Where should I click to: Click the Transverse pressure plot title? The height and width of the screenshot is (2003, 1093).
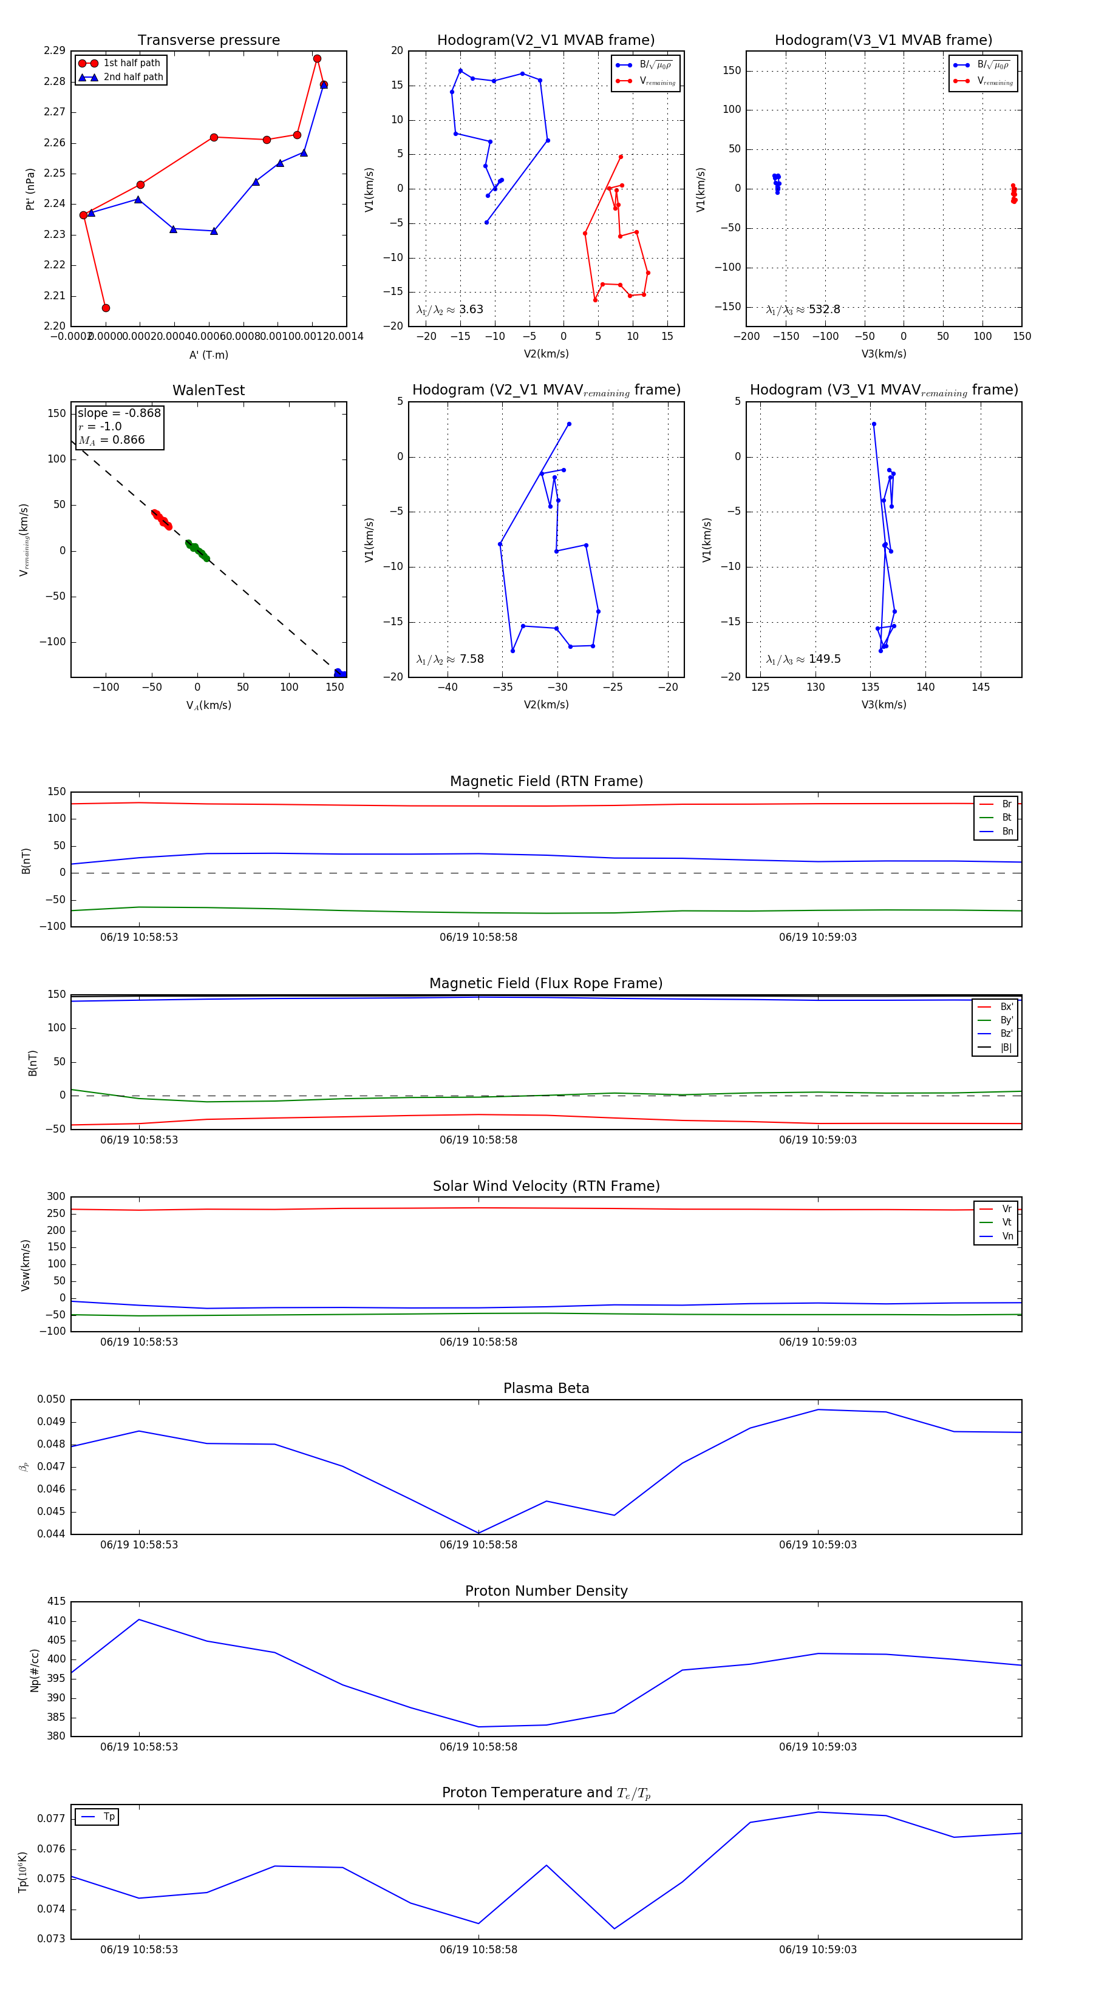point(208,41)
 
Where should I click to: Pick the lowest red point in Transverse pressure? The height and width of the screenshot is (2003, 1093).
point(106,308)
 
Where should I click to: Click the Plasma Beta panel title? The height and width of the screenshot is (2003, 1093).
point(546,1389)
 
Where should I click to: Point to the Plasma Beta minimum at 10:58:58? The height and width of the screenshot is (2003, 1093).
point(478,1533)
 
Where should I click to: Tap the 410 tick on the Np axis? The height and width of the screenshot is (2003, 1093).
point(56,1621)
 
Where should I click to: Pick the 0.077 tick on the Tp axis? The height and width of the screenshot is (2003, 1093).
point(50,1818)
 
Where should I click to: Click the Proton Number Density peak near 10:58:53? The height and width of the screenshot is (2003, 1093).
point(139,1619)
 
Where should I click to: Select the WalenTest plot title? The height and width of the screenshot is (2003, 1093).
point(208,390)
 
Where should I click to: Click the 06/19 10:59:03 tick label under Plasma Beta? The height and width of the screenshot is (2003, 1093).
point(817,1545)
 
